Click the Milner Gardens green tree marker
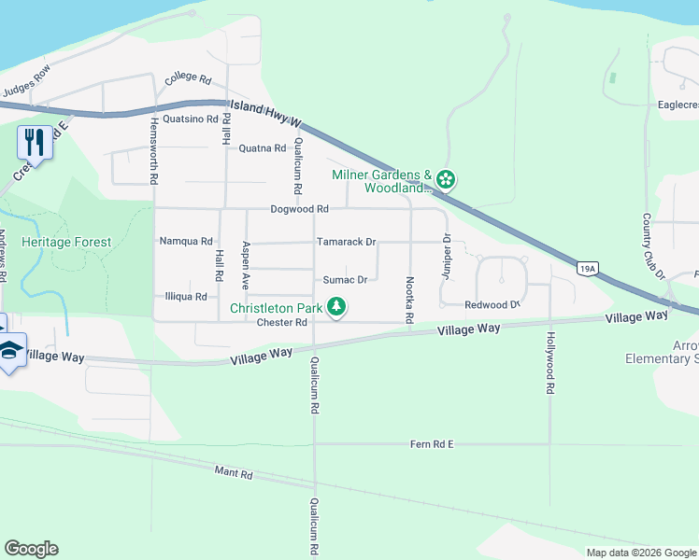[446, 178]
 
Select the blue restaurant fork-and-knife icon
[34, 142]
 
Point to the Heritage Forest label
[66, 242]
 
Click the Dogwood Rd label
[299, 209]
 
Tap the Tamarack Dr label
[346, 242]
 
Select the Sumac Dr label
[345, 279]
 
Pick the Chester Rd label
[281, 323]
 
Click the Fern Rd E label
[431, 444]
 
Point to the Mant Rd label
[234, 474]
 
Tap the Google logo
[31, 549]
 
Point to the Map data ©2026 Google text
[640, 553]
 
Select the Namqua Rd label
[186, 241]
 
